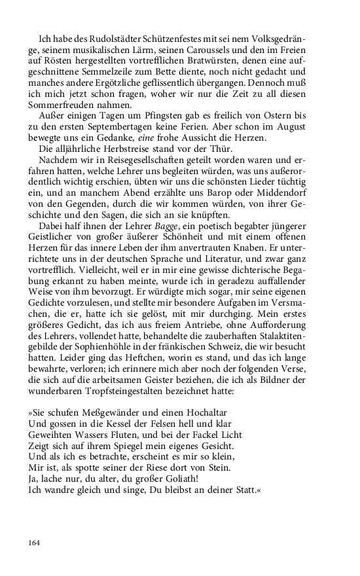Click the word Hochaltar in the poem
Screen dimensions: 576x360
pos(215,412)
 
